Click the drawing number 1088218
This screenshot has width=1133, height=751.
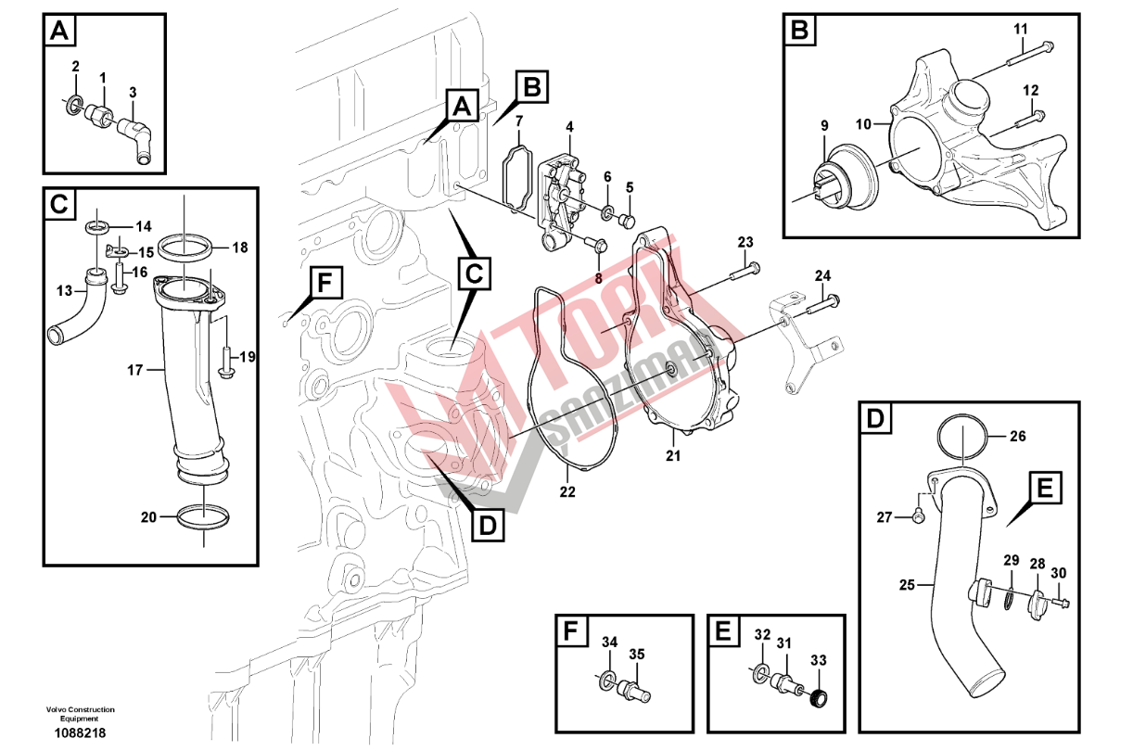(81, 732)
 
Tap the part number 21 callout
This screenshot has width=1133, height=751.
(673, 455)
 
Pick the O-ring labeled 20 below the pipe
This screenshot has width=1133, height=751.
(201, 517)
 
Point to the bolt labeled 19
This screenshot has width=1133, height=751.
(226, 361)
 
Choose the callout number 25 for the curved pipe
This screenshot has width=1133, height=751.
(908, 584)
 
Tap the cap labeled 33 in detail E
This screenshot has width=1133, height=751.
(817, 698)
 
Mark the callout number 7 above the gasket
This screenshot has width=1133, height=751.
(519, 121)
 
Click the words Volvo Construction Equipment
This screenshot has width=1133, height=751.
(81, 714)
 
